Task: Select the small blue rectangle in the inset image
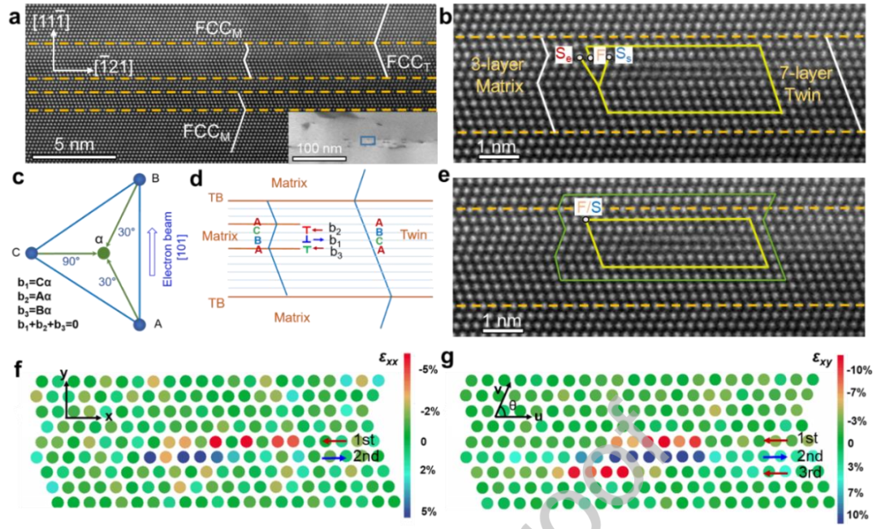coord(368,141)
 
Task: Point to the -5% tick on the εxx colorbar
coord(431,369)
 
